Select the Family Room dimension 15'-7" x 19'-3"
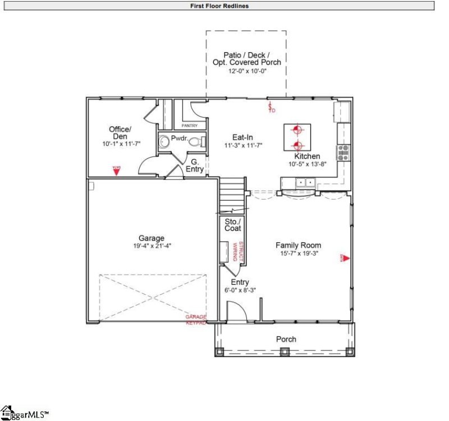298,253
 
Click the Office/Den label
119,133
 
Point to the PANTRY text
189,126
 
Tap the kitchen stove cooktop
342,150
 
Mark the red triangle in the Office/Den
116,172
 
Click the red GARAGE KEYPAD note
196,320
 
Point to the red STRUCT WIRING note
236,252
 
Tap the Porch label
286,339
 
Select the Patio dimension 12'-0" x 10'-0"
246,71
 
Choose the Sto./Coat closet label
232,225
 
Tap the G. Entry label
194,165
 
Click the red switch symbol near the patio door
271,108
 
